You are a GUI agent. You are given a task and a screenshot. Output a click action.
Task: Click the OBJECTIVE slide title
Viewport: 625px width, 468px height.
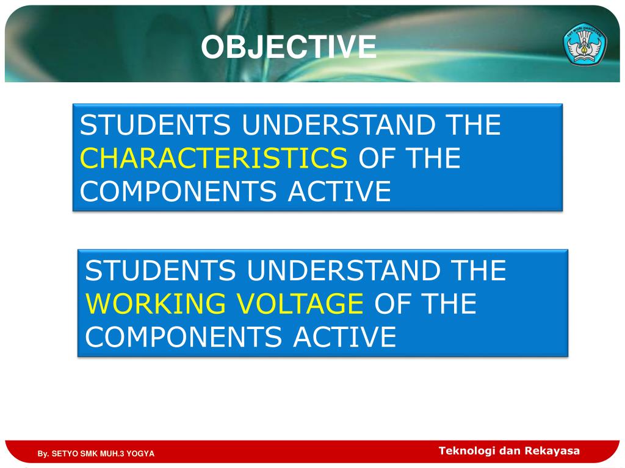289,48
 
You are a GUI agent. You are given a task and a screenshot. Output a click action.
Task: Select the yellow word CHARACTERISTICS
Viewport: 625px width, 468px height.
214,158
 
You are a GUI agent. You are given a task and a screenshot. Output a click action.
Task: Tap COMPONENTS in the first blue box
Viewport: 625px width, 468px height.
178,191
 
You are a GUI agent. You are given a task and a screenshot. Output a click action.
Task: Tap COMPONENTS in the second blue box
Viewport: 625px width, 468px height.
183,337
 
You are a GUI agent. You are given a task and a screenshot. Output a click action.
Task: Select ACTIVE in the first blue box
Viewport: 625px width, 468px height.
339,191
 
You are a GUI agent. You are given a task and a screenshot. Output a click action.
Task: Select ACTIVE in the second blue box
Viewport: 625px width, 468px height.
345,337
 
